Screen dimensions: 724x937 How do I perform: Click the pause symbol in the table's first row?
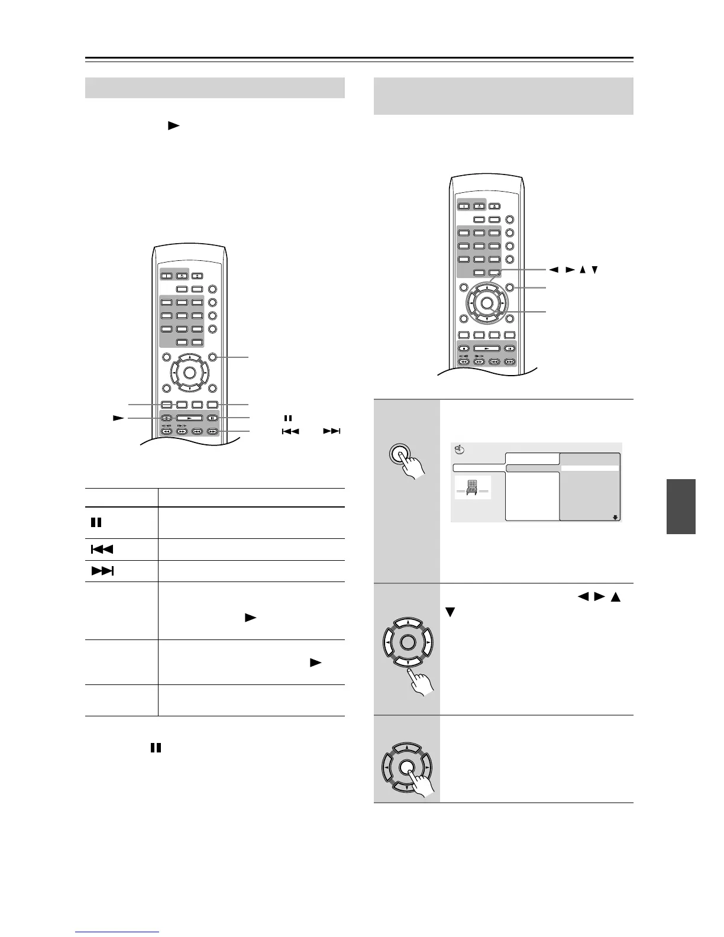tap(95, 523)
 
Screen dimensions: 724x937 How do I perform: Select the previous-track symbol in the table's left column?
tap(101, 550)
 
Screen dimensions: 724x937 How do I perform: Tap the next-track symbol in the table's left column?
tap(102, 571)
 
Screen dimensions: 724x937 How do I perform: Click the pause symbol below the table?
tap(156, 748)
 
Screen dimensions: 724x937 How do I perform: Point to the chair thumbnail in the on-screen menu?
tap(473, 486)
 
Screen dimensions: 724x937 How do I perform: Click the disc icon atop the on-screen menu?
tap(459, 450)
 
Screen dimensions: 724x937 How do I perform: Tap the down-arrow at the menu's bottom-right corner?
tap(615, 517)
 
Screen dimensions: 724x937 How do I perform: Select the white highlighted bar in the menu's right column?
tap(590, 468)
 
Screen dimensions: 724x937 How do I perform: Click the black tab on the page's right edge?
tap(681, 506)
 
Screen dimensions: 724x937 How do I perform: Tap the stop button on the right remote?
tap(465, 348)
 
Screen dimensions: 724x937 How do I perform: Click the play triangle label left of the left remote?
tap(118, 418)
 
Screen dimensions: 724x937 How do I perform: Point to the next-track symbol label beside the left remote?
tap(332, 431)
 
